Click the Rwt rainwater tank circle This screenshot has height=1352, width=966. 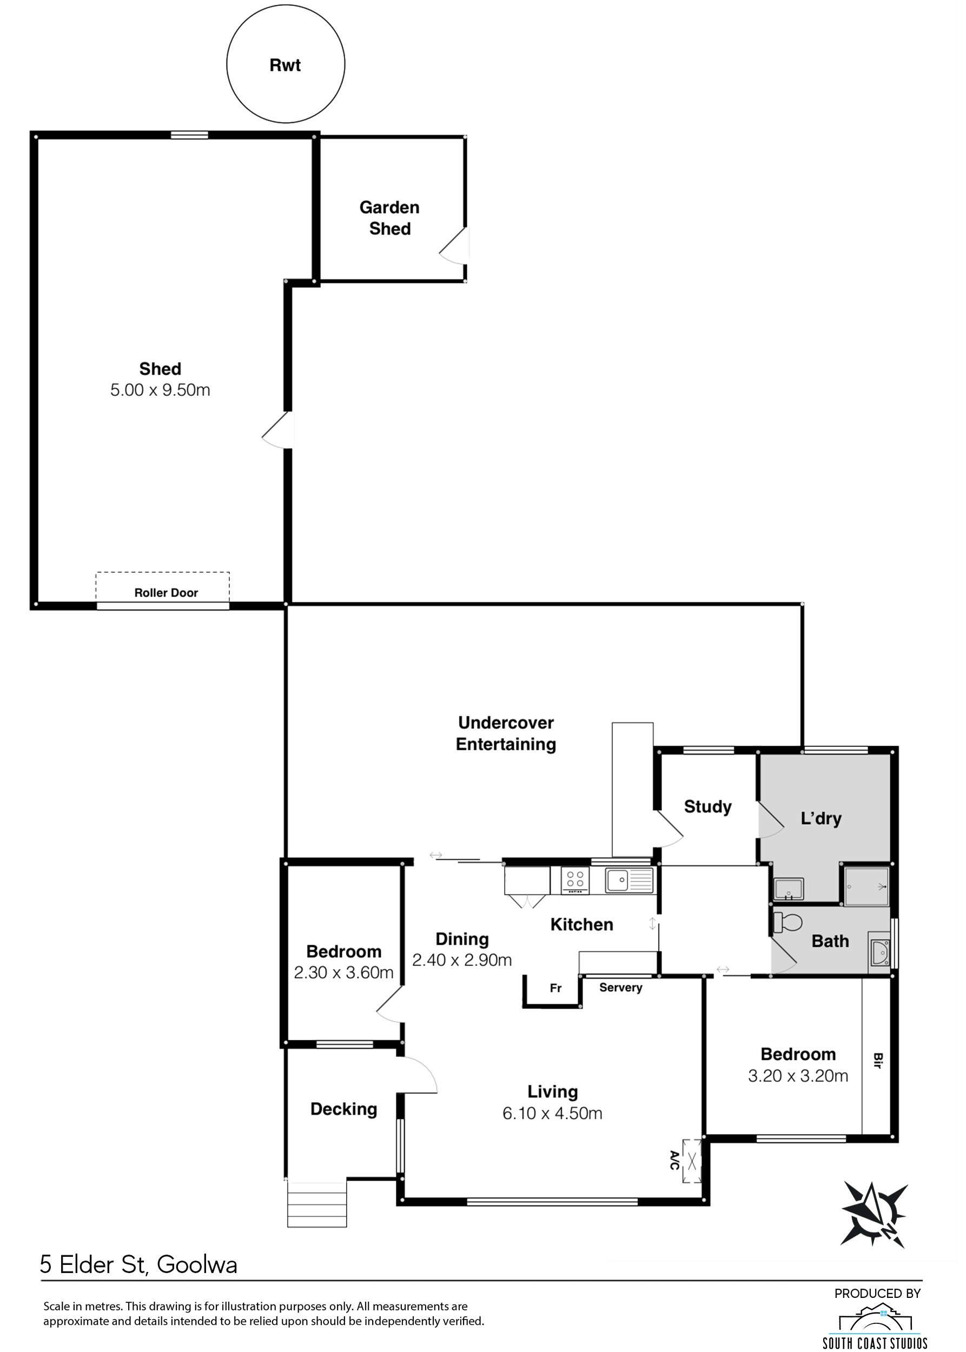(x=286, y=64)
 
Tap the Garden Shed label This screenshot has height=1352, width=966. (x=389, y=218)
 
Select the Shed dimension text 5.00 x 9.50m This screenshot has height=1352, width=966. (x=160, y=390)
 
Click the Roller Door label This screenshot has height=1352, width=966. (x=166, y=592)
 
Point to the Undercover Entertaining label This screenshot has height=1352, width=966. (x=506, y=733)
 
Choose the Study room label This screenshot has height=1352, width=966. (x=707, y=806)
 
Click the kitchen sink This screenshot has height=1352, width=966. (x=628, y=880)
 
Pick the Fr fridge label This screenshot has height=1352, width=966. (x=555, y=988)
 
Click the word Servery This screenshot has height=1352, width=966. (x=620, y=988)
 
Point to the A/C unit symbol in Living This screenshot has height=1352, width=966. (x=692, y=1160)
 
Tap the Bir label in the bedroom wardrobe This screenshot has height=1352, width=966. (x=878, y=1061)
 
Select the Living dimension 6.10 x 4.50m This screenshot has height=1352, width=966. (x=552, y=1114)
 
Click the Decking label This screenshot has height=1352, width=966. (x=344, y=1109)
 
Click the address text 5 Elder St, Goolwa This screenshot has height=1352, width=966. (x=138, y=1264)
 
